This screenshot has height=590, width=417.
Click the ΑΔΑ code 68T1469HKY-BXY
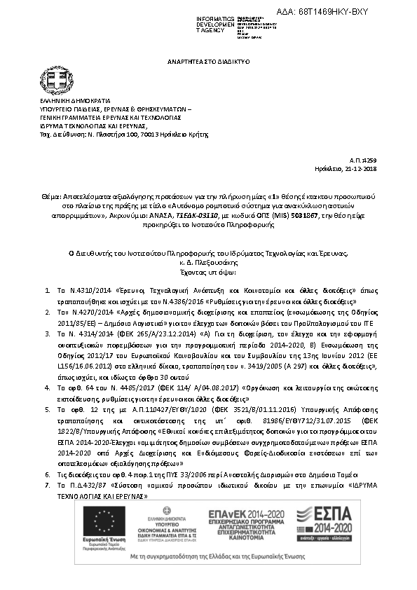(334, 12)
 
